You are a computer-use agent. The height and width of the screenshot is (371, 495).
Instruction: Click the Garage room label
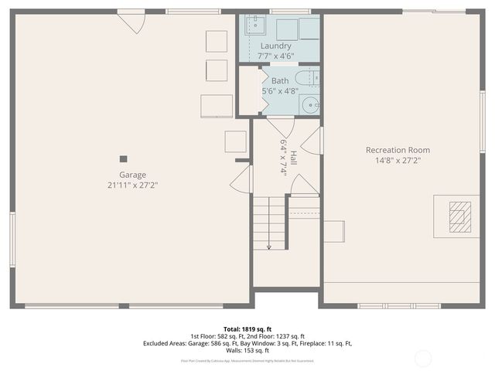click(x=132, y=175)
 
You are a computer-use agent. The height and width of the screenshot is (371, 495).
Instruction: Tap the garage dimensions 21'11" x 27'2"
click(x=132, y=185)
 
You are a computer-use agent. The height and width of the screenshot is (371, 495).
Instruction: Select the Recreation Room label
click(x=398, y=150)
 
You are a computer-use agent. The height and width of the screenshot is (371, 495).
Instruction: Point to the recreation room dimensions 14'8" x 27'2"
click(x=398, y=161)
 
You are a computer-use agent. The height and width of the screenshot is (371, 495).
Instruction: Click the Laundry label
click(x=276, y=46)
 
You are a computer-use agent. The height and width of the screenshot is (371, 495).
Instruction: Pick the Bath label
click(x=279, y=80)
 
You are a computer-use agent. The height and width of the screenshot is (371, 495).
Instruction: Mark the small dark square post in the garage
click(x=124, y=158)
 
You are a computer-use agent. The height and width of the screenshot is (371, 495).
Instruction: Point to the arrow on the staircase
click(x=269, y=245)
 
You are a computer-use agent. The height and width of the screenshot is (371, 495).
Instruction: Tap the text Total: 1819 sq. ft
click(x=247, y=328)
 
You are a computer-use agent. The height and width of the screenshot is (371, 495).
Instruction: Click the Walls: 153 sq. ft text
click(x=247, y=350)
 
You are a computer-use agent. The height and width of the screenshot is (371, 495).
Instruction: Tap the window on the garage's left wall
click(x=12, y=239)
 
